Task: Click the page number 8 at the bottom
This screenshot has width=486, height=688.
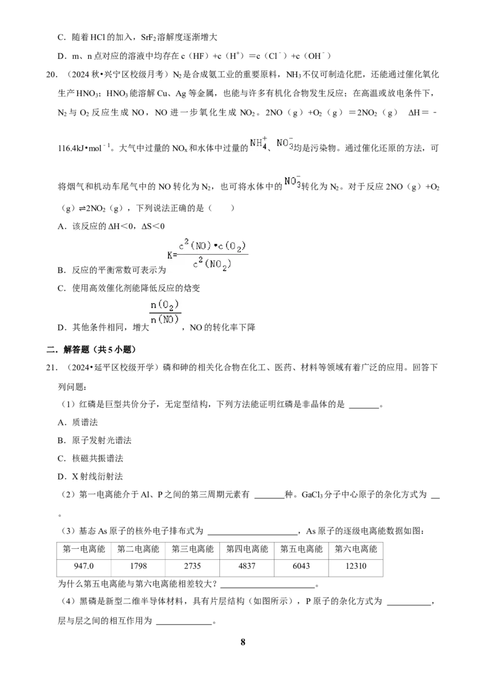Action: tap(243, 642)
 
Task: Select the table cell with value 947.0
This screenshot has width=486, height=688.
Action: tap(84, 566)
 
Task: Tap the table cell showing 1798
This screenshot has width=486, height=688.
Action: tap(138, 566)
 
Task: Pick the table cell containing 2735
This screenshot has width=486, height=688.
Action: tap(193, 566)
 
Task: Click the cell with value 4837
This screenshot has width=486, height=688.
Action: tap(247, 566)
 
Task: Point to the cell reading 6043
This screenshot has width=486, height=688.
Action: tap(301, 566)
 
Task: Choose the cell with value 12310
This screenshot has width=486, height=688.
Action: tap(356, 566)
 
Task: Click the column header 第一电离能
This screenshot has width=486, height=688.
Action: tap(84, 549)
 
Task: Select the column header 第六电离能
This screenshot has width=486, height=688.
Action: tap(356, 549)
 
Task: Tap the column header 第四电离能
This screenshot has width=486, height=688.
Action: tap(247, 549)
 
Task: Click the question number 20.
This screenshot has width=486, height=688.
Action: tap(52, 75)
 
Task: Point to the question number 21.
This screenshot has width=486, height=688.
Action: tap(52, 367)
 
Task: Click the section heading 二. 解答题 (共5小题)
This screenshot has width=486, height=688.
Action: tap(91, 349)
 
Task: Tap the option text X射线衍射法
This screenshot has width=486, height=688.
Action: tap(97, 476)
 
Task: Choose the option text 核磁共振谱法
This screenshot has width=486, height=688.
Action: tap(97, 458)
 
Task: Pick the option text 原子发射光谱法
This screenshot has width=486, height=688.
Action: tap(102, 441)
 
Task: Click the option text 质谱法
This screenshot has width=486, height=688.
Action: tap(84, 422)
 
